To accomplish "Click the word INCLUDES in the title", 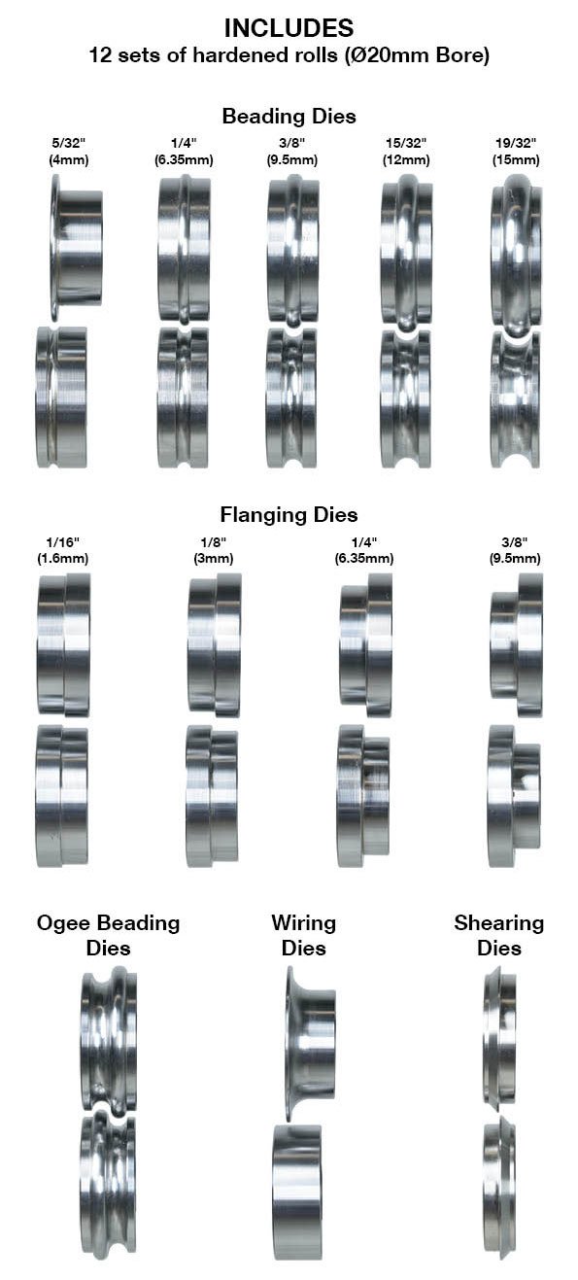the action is point(289,27).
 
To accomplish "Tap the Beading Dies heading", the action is point(289,116).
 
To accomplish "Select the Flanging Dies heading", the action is point(289,514).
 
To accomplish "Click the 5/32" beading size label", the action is point(69,143).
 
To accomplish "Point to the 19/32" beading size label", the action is point(516,143).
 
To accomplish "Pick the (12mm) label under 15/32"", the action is point(406,159).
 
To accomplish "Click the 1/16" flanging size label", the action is point(63,541).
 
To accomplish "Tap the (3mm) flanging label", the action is point(214,558).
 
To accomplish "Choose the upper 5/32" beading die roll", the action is point(76,247).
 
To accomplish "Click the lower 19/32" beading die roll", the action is point(515,400).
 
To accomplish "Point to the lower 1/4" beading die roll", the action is point(183,398).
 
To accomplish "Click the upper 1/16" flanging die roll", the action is point(64,645).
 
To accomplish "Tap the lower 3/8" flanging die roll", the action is point(514,795).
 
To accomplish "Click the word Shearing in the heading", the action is point(498,923).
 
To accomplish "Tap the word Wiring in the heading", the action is point(303,923).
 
